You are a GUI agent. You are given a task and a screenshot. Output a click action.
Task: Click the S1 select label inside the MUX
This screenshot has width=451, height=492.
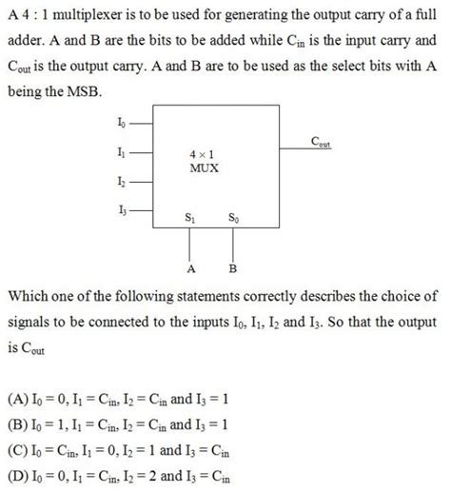[191, 218]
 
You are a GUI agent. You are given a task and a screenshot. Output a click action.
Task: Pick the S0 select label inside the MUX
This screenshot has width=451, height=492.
[233, 218]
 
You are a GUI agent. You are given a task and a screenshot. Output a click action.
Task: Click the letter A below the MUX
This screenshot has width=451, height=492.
[191, 268]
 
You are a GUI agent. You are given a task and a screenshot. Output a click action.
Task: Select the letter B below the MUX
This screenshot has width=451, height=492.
[233, 268]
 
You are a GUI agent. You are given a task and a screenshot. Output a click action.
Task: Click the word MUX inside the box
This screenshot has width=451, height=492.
[205, 167]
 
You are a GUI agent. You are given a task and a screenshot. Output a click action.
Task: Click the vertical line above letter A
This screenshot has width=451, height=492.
[191, 246]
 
